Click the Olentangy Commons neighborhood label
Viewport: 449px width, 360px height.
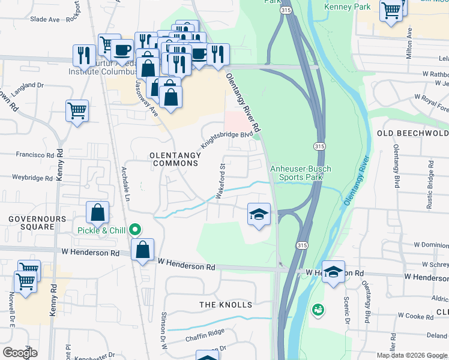tap(175, 159)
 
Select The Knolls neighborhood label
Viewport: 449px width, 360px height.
tap(226, 305)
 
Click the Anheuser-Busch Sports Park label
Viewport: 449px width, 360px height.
tap(301, 173)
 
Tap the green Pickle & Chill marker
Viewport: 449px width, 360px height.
tap(136, 230)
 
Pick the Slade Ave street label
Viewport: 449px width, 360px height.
tap(45, 19)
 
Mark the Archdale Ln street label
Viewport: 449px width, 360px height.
tap(127, 179)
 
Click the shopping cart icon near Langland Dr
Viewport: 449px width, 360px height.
tap(77, 110)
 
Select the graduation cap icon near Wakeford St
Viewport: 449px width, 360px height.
tap(259, 214)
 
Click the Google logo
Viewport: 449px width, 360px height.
tap(20, 353)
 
